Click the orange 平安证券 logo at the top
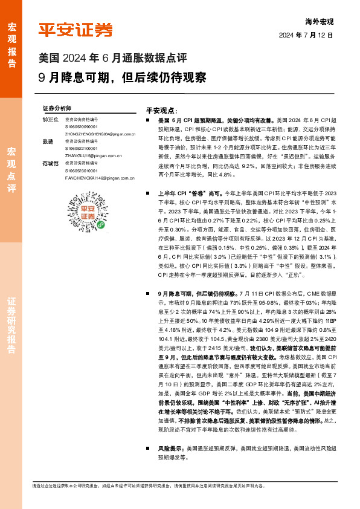coord(76,29)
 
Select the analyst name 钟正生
coord(50,120)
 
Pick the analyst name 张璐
coord(47,141)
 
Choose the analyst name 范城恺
coord(50,163)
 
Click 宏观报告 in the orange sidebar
coord(11,40)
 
